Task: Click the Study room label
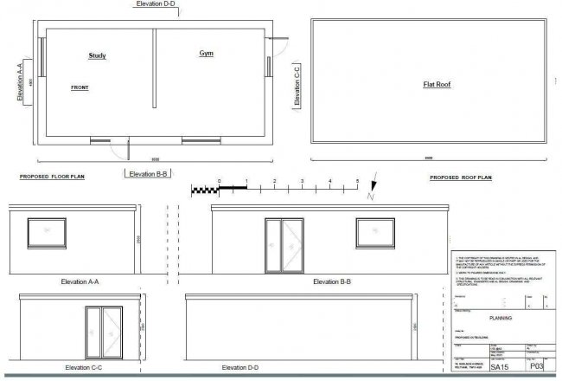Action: click(97, 56)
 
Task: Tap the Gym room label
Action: click(207, 54)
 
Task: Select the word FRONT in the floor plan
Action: click(80, 87)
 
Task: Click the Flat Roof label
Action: click(437, 85)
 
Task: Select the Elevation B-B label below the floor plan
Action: click(150, 174)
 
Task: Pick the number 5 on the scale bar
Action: click(357, 181)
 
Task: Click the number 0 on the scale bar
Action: click(220, 181)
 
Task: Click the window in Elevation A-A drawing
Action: click(43, 232)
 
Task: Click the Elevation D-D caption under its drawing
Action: click(243, 368)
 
